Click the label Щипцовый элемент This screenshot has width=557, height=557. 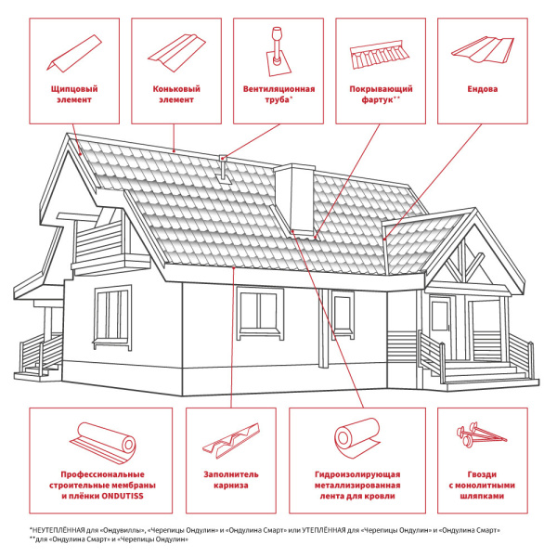point(74,94)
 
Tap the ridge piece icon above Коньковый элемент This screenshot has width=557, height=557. point(176,53)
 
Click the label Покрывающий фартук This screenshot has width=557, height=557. point(381,94)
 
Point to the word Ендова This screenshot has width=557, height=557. point(483,89)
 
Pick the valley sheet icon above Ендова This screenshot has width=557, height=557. point(483,50)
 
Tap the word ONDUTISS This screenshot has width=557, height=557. point(123,496)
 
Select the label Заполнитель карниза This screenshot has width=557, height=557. point(231,480)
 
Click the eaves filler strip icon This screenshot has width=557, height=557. point(231,440)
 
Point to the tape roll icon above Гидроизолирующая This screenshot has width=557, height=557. point(357,437)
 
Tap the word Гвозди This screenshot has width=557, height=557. point(482,474)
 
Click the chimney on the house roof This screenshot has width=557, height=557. point(294,200)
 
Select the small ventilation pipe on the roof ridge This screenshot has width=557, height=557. point(224,169)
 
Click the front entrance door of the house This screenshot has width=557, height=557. point(440,327)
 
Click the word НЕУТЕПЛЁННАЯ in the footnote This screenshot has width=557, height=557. point(58,530)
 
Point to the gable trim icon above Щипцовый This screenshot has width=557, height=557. point(74,54)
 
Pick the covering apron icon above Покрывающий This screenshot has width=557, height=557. point(380,55)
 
